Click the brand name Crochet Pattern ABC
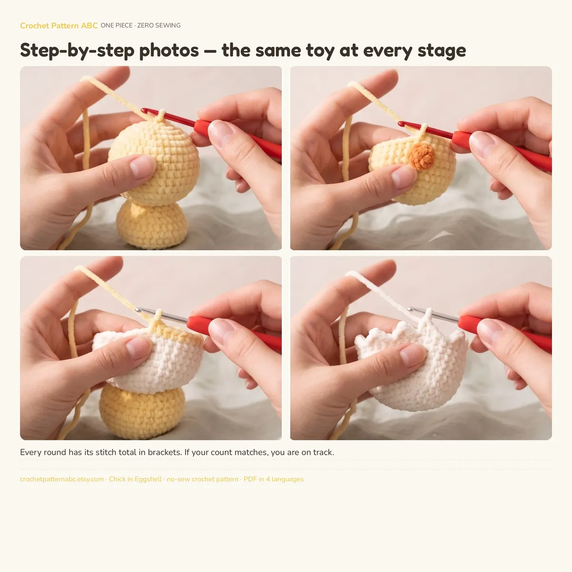(x=59, y=26)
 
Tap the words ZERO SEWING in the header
(x=159, y=26)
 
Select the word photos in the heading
(x=169, y=51)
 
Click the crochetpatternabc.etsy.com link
(x=62, y=480)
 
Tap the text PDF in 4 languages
(x=274, y=480)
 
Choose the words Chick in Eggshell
(x=135, y=480)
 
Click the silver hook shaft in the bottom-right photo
(x=433, y=315)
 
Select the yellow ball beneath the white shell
(x=142, y=412)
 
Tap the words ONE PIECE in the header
(x=117, y=26)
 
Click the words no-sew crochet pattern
(x=203, y=480)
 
